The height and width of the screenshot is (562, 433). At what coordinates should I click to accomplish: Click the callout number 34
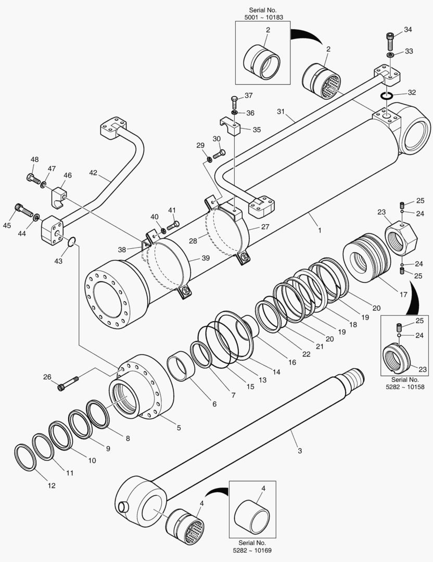pos(407,30)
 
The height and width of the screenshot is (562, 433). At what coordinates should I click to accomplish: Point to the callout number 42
pos(93,173)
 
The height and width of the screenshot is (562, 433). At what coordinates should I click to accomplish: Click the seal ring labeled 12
pos(24,457)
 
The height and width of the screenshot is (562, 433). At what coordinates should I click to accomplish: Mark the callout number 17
pos(403,295)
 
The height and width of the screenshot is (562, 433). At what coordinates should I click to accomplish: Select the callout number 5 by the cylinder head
pos(178,428)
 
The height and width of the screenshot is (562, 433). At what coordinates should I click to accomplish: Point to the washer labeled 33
pos(390,54)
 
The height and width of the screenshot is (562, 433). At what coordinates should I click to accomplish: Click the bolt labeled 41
pos(174,224)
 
